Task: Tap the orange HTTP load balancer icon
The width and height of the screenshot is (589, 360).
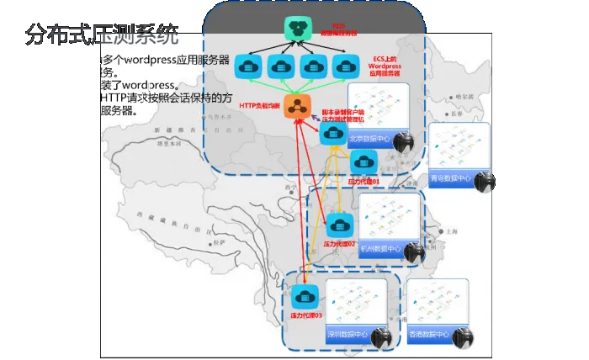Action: tap(296, 106)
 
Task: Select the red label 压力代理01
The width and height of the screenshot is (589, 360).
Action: tap(364, 181)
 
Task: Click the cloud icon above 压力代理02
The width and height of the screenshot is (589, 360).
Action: tap(338, 225)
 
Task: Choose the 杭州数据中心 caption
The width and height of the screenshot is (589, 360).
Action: tap(385, 249)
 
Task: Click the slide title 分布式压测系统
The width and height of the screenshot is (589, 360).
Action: tap(102, 34)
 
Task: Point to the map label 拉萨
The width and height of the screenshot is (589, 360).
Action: tap(220, 242)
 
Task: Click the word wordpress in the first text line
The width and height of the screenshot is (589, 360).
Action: tap(146, 61)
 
